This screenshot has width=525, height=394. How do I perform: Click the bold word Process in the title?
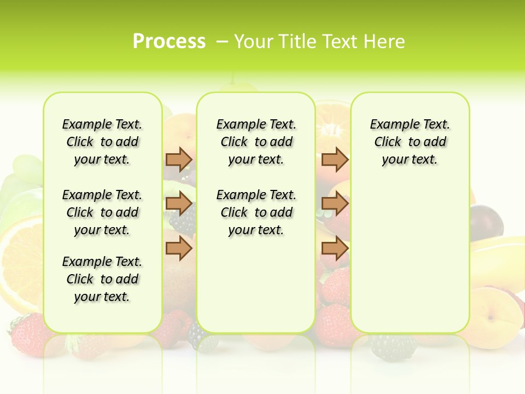(x=169, y=42)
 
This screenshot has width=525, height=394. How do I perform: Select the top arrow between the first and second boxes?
(x=179, y=159)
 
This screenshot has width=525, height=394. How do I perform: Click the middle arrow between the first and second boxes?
(x=179, y=204)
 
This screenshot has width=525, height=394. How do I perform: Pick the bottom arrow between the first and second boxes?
(x=179, y=248)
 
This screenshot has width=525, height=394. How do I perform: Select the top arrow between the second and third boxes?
(x=335, y=159)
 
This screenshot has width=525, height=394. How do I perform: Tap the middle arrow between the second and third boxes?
(x=335, y=204)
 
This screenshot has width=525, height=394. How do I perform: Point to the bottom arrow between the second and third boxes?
(x=335, y=248)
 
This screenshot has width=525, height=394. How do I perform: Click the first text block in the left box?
(x=102, y=142)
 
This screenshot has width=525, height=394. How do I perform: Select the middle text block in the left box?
(x=102, y=212)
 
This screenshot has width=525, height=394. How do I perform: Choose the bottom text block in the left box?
(x=102, y=279)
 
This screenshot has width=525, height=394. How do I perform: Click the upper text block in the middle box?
(x=256, y=142)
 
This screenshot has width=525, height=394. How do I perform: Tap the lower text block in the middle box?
(x=256, y=212)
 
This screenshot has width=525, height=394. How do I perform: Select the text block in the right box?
(x=410, y=142)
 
